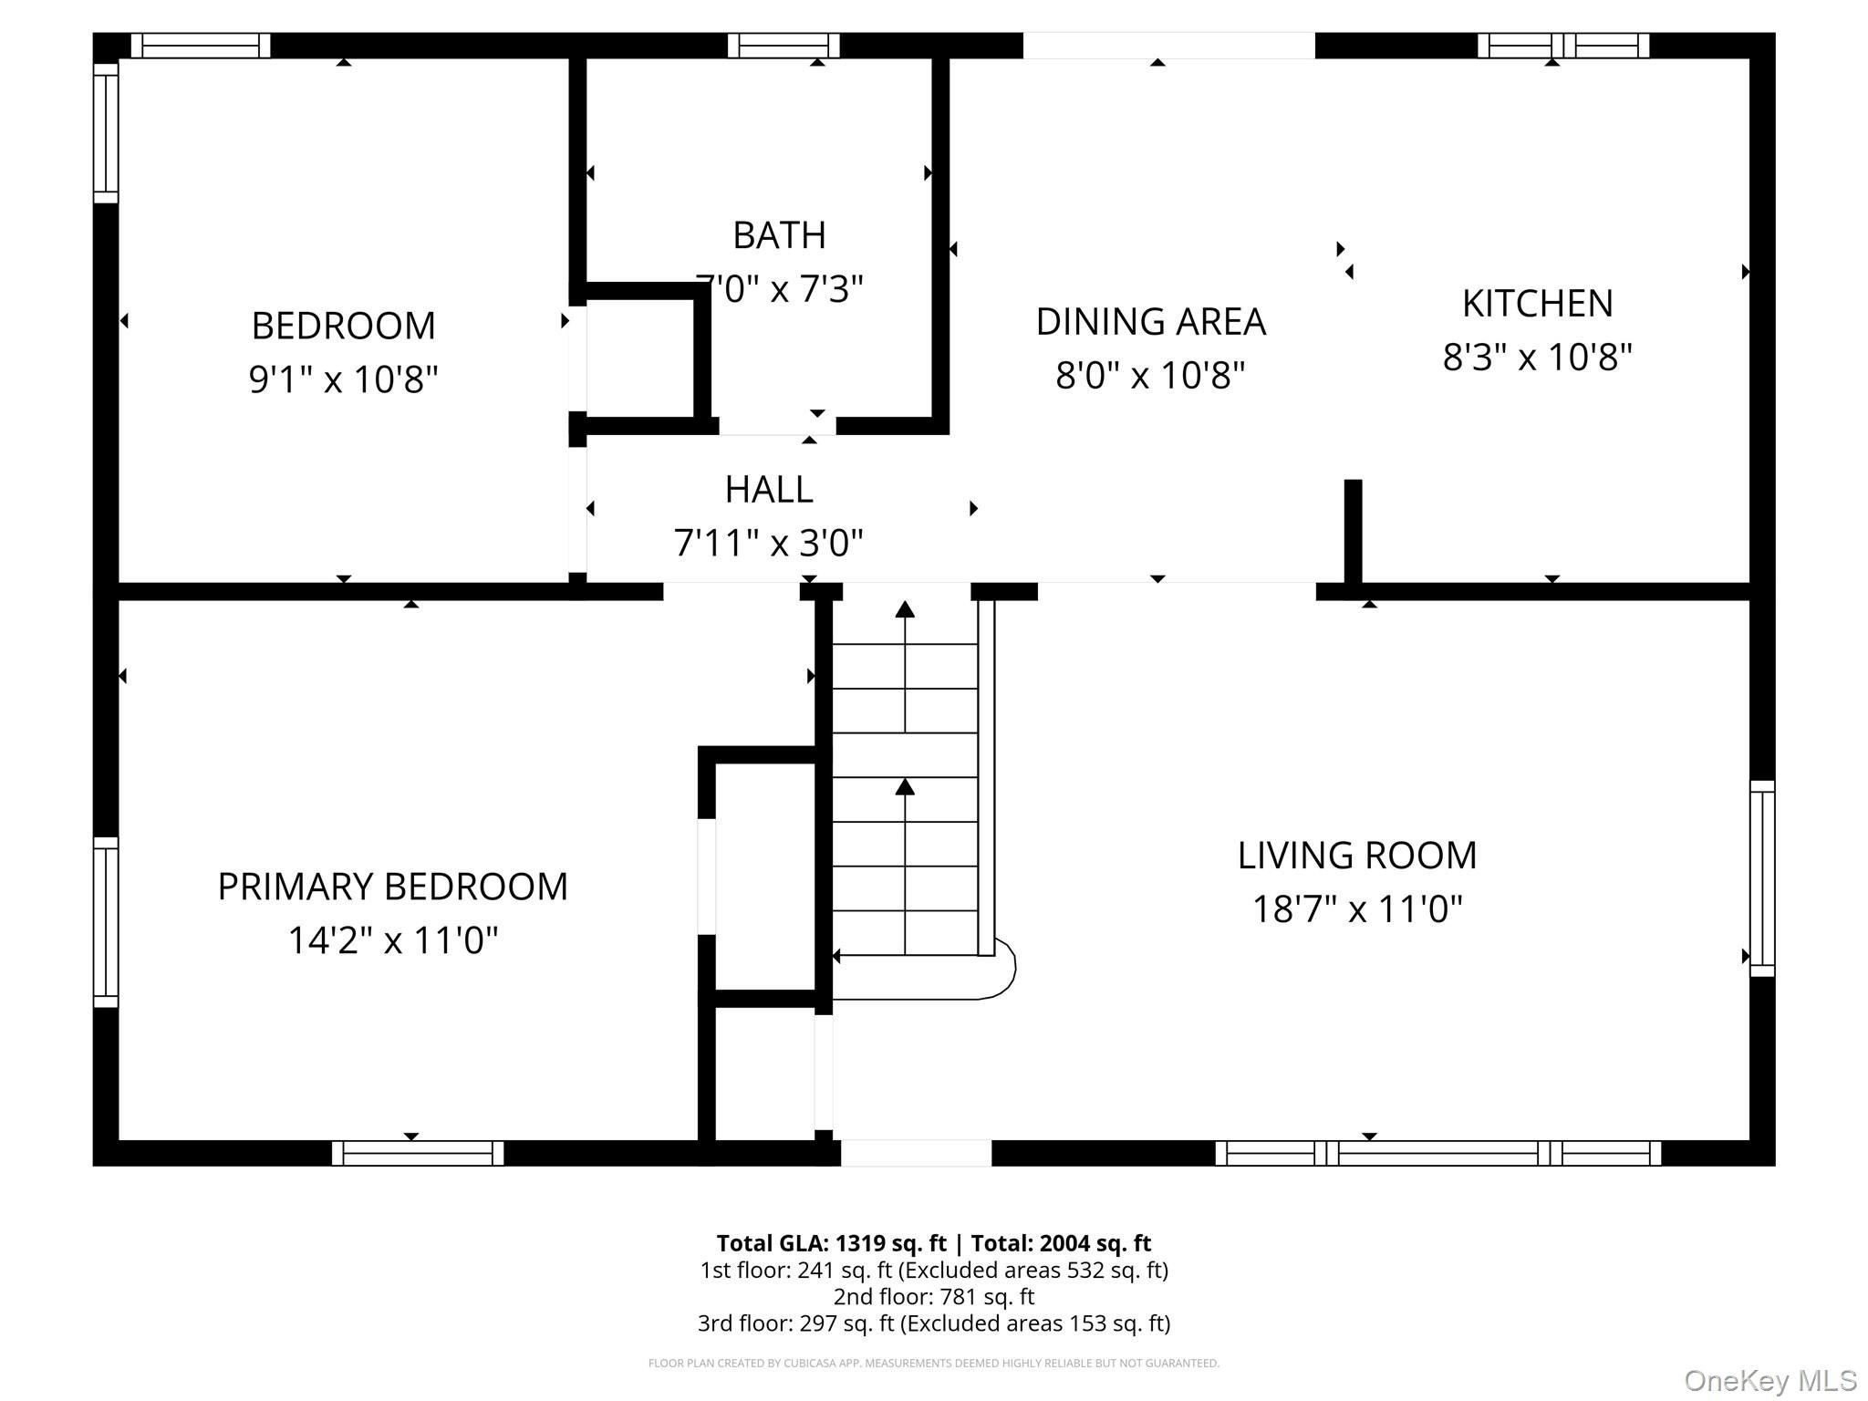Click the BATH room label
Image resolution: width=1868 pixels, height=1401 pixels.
[779, 235]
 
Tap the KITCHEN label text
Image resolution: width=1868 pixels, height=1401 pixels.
[1538, 304]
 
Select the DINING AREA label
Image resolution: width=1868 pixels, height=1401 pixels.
[1151, 322]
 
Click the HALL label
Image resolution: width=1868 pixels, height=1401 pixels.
[769, 490]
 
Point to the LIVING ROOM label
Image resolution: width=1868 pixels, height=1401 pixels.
[1357, 856]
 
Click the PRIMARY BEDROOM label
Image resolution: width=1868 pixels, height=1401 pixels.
[393, 887]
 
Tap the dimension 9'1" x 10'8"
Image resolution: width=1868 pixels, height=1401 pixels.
[344, 379]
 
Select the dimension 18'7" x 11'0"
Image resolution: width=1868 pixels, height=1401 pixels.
[1357, 909]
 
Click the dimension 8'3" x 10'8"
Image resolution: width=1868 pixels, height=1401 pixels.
[1538, 357]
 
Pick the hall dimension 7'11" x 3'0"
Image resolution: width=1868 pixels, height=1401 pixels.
[769, 544]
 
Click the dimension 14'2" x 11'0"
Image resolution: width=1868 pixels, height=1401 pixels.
[393, 939]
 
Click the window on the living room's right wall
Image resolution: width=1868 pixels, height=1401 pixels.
[1762, 878]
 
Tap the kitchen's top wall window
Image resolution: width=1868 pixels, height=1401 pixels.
[1563, 46]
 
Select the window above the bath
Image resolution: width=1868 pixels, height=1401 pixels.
[784, 46]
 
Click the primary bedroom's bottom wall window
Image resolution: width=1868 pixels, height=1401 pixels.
[418, 1153]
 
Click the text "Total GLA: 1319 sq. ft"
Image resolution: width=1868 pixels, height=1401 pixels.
[831, 1243]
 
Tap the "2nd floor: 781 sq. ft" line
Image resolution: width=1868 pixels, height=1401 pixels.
[934, 1296]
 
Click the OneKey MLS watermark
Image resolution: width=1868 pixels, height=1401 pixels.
[1770, 1381]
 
